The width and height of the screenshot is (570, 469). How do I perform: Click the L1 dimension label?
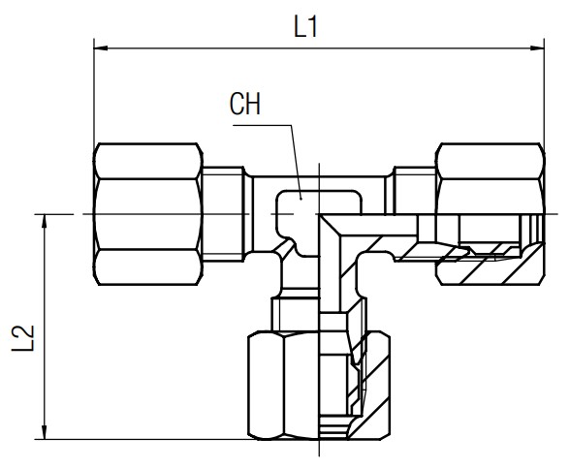(x=305, y=27)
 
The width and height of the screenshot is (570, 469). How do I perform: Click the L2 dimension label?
(x=23, y=338)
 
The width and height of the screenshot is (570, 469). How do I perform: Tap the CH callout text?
(x=245, y=104)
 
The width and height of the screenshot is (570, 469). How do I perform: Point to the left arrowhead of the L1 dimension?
(x=101, y=47)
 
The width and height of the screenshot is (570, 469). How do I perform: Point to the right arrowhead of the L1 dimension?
(x=537, y=47)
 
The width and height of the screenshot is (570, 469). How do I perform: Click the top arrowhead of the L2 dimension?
(x=45, y=221)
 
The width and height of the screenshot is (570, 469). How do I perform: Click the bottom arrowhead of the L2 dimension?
(x=45, y=432)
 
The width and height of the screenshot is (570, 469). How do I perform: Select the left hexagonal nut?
(x=147, y=214)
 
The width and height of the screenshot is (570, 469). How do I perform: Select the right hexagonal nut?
(x=491, y=214)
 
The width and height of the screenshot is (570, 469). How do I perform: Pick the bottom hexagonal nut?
(x=319, y=385)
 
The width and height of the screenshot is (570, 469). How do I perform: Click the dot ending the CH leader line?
(x=301, y=199)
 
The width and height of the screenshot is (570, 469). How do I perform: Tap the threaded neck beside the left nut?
(x=223, y=214)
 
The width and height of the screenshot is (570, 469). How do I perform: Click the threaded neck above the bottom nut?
(x=319, y=315)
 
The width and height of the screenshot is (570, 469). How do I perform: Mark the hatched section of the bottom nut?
(x=370, y=385)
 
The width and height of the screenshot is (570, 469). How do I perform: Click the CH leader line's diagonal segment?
(x=297, y=162)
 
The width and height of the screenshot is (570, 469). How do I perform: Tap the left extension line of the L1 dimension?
(x=94, y=91)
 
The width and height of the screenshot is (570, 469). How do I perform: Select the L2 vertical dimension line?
(x=45, y=327)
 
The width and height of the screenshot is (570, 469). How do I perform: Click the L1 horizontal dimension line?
(x=319, y=47)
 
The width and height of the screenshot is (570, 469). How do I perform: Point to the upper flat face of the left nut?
(x=147, y=161)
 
